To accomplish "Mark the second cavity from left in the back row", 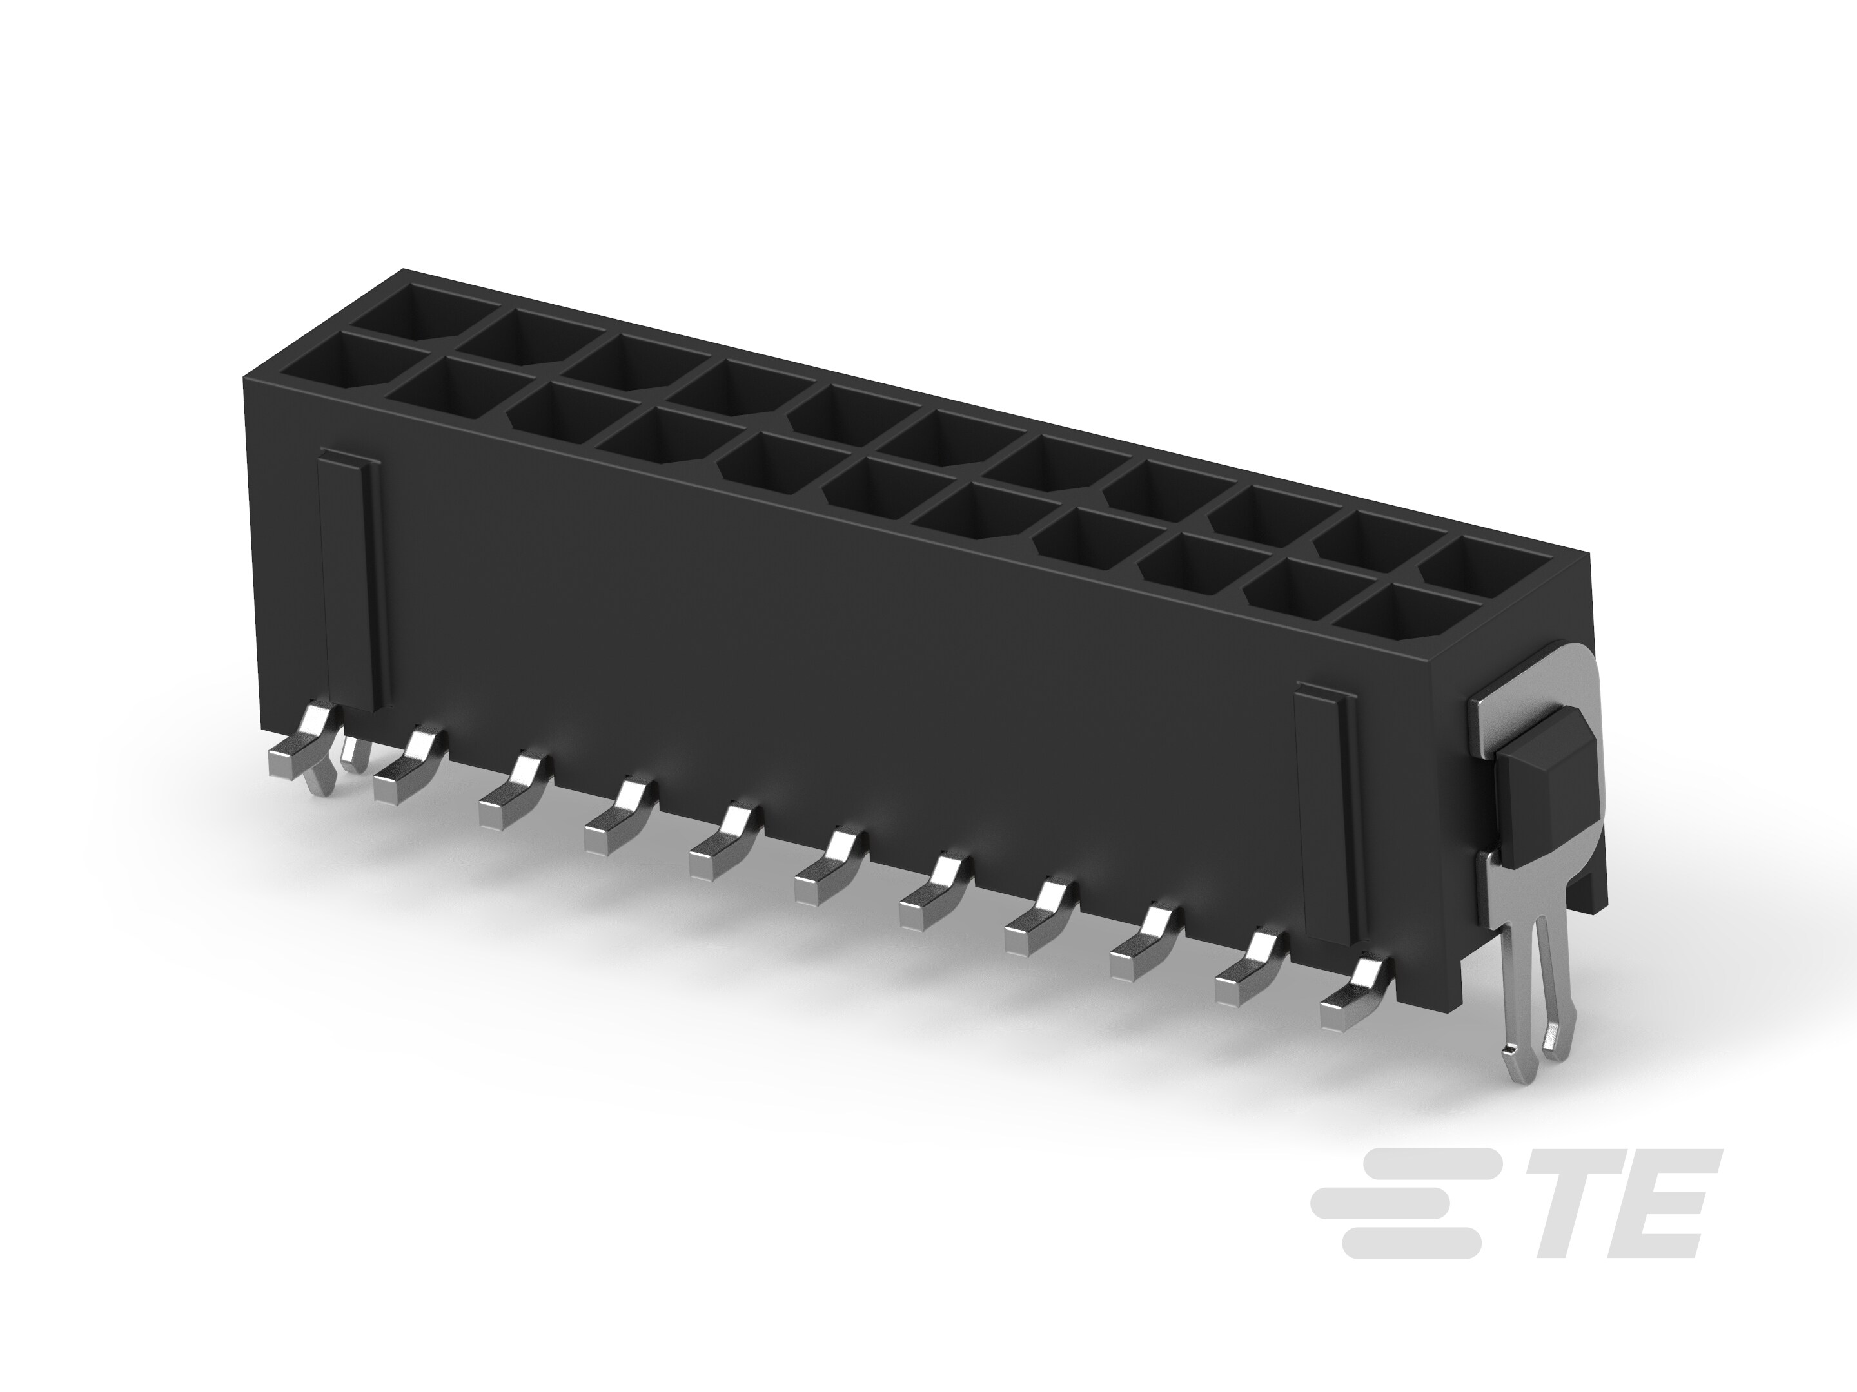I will (520, 339).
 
